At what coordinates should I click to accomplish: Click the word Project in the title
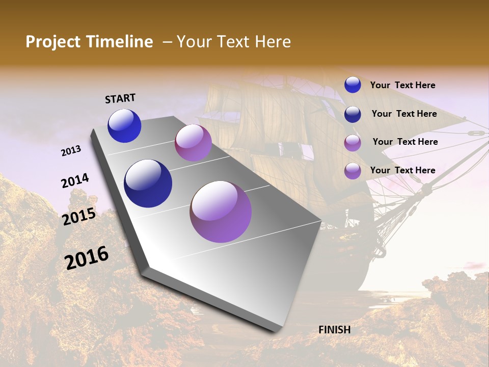(52, 42)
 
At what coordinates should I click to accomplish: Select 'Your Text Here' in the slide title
(234, 42)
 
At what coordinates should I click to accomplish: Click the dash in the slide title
(167, 42)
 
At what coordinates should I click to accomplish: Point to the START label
(120, 98)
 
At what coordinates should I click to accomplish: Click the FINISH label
(335, 330)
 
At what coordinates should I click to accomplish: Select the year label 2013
(71, 151)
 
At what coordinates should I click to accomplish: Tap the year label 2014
(75, 181)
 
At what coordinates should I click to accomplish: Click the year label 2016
(87, 257)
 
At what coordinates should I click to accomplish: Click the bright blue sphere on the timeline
(124, 126)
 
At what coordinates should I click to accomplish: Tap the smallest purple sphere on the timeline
(193, 143)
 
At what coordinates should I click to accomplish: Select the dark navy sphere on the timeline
(148, 183)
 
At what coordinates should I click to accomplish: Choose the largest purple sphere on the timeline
(221, 212)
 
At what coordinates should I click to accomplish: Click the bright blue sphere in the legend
(352, 85)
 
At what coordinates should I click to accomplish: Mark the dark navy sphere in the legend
(352, 114)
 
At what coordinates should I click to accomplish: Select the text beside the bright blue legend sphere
(402, 85)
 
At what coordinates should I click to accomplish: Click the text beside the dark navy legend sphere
(404, 114)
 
